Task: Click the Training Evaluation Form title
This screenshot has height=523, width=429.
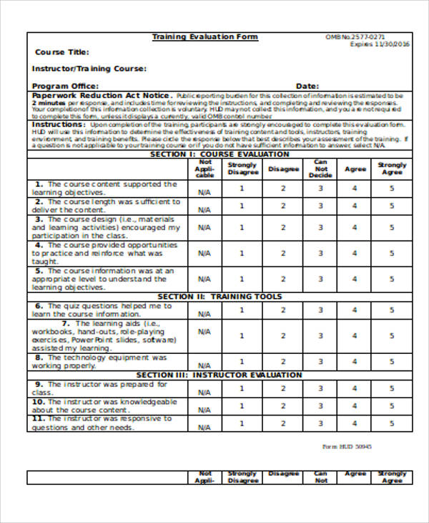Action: [x=205, y=37]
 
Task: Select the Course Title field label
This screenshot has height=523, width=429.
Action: [x=62, y=52]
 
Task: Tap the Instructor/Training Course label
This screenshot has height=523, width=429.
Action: [x=89, y=69]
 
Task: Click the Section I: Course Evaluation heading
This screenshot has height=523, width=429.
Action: [x=219, y=154]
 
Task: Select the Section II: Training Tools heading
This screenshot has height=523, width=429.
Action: [x=219, y=297]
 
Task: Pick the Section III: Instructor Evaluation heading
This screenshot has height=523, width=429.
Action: [x=219, y=375]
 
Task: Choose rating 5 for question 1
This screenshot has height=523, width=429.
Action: [x=391, y=188]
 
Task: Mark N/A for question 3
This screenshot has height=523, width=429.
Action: [x=204, y=229]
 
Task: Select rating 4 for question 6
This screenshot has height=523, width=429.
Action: [x=354, y=310]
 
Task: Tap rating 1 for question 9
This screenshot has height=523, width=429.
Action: [x=242, y=388]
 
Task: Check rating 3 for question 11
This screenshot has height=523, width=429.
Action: [x=320, y=423]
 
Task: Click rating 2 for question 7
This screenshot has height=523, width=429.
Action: [x=282, y=334]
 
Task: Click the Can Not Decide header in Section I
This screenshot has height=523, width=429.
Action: [x=320, y=169]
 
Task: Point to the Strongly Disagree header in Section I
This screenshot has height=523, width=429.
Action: [x=242, y=169]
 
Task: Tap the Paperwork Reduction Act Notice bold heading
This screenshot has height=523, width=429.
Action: [x=100, y=95]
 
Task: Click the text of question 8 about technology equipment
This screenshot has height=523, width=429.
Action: [x=100, y=361]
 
